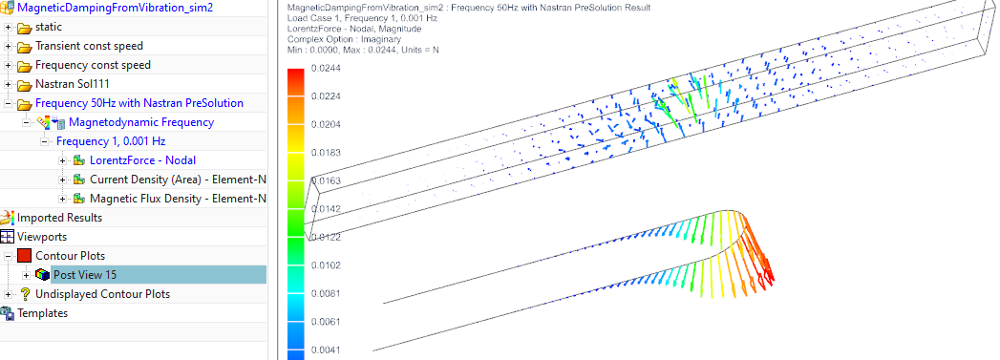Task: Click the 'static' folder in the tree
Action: coord(49,27)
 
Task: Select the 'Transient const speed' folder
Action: coord(89,46)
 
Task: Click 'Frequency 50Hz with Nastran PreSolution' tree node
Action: coord(139,103)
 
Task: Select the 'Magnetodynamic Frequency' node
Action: coord(141,122)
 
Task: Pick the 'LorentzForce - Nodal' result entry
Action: coord(143,160)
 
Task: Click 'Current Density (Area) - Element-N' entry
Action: coord(178,180)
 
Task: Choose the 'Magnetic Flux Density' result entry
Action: coord(178,199)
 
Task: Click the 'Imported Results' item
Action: coord(59,218)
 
